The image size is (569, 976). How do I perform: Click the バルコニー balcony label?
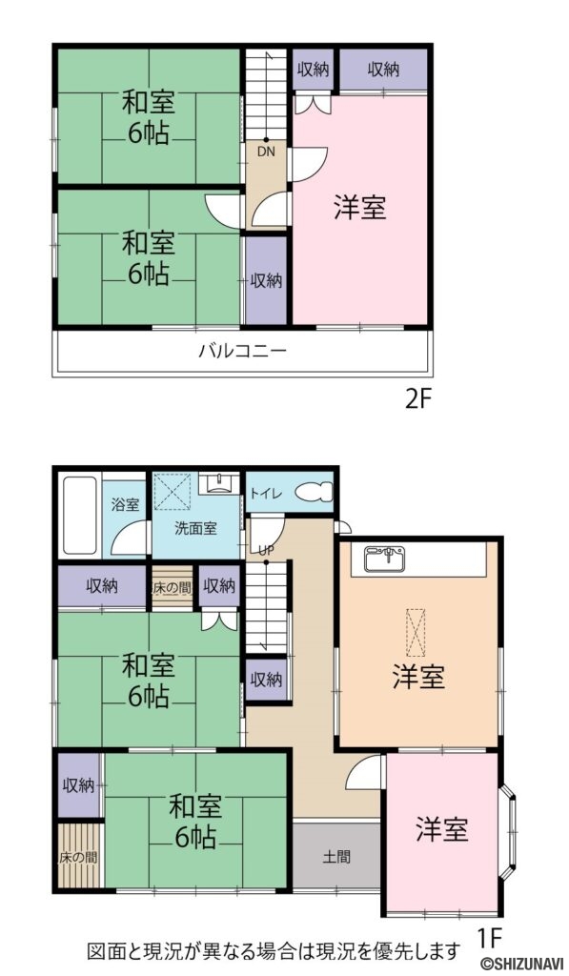pos(242,351)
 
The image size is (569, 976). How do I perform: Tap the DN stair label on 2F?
pos(266,149)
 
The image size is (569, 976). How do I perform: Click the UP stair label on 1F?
pos(264,549)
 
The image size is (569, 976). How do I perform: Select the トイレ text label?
pos(266,493)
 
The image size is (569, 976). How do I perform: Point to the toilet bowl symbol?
pos(314,493)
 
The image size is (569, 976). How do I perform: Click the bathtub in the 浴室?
pos(79,516)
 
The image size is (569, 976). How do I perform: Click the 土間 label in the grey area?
pos(335,856)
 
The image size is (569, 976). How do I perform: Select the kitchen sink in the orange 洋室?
pos(390,555)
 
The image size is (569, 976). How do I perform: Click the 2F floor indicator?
pos(418,398)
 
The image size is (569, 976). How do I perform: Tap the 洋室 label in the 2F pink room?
pos(359,208)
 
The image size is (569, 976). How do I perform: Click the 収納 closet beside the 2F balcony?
pos(266,281)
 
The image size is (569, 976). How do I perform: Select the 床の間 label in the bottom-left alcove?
pos(77,856)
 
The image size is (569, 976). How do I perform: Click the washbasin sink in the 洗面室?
pos(219,481)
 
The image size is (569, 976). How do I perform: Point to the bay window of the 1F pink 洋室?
pos(510,825)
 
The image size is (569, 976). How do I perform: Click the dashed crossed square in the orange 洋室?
pos(417,632)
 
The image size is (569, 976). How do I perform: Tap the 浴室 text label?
pos(125,503)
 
